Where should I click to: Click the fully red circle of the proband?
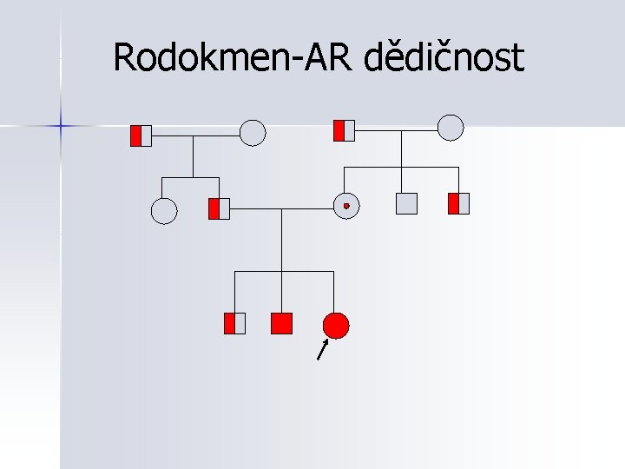336,325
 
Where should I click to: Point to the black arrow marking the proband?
323,349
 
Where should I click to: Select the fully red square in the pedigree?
281,323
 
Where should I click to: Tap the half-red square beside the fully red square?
234,323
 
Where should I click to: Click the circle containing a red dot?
345,205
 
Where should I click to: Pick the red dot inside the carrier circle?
345,205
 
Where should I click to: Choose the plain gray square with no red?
406,203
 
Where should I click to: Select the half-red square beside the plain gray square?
458,203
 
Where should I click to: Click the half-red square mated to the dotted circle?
219,208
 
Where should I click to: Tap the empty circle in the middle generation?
164,210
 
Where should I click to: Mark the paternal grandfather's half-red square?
141,135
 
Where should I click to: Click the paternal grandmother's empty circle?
252,133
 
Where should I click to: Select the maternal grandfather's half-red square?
345,130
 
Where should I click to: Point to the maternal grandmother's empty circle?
451,128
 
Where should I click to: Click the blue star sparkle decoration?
62,126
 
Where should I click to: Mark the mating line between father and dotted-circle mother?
281,208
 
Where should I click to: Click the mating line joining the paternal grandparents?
195,135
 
